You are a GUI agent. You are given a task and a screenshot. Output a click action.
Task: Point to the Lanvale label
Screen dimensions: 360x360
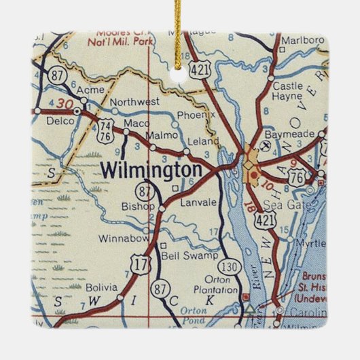[197, 202]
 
